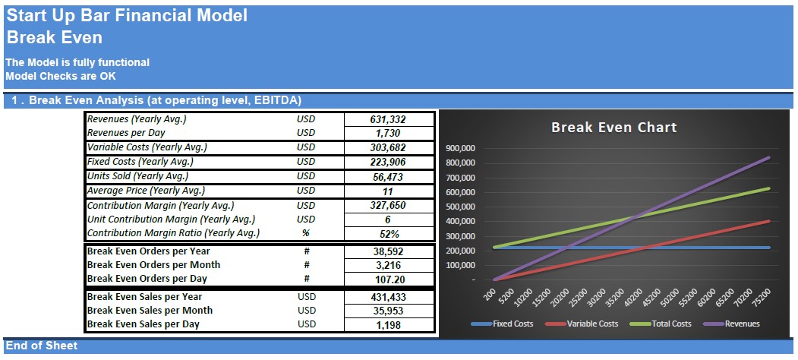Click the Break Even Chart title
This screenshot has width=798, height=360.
click(613, 128)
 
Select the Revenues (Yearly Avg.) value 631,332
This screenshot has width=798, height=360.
click(388, 120)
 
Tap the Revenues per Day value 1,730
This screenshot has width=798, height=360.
click(388, 134)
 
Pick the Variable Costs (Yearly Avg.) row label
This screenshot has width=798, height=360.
click(147, 147)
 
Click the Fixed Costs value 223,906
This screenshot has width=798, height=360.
click(388, 162)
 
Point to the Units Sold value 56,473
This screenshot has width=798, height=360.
click(388, 177)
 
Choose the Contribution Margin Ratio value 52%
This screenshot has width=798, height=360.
click(388, 234)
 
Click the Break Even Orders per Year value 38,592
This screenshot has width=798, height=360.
click(388, 251)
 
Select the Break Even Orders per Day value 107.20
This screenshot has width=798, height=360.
click(388, 279)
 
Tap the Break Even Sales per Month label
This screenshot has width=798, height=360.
click(150, 311)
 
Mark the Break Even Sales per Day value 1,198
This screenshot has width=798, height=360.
click(388, 325)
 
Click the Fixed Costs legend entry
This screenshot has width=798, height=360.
click(503, 324)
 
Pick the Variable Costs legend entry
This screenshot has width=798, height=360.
click(582, 324)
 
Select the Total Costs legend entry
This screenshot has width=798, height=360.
click(661, 324)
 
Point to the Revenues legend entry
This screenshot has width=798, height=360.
click(731, 324)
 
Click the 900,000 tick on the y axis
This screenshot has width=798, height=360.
click(460, 149)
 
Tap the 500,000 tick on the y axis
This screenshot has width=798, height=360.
click(460, 207)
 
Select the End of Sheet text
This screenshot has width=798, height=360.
click(42, 346)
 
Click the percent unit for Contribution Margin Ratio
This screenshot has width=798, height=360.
click(306, 234)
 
